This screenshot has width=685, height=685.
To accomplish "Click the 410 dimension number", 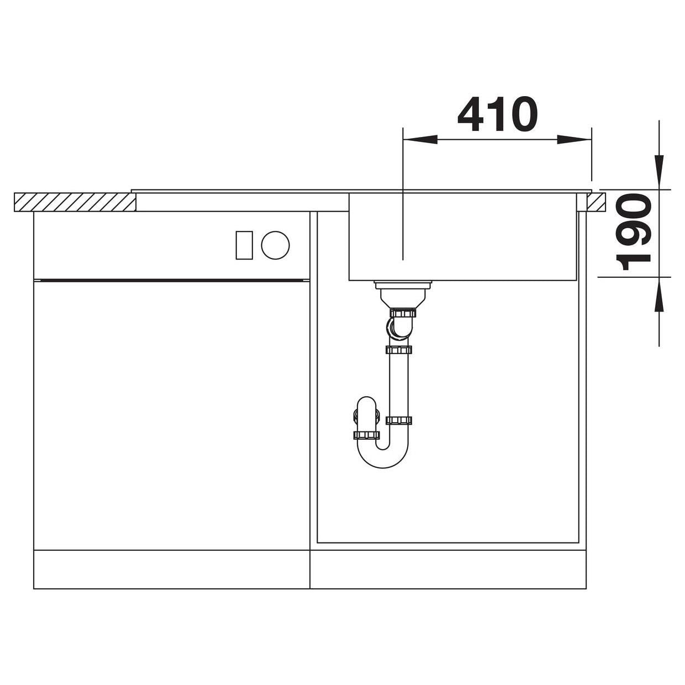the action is pyautogui.click(x=497, y=114).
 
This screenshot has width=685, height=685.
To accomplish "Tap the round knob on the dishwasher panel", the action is pyautogui.click(x=275, y=245).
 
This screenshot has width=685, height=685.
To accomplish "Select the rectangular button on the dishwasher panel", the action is pyautogui.click(x=244, y=245).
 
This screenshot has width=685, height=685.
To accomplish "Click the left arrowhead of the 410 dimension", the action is pyautogui.click(x=420, y=139).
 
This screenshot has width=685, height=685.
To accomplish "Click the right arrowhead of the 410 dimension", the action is pyautogui.click(x=574, y=139).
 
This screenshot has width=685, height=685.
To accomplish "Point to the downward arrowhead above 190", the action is pyautogui.click(x=659, y=172).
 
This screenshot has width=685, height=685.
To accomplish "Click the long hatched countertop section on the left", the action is pyautogui.click(x=75, y=202).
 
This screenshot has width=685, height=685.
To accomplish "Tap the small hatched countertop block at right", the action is pyautogui.click(x=596, y=202).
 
